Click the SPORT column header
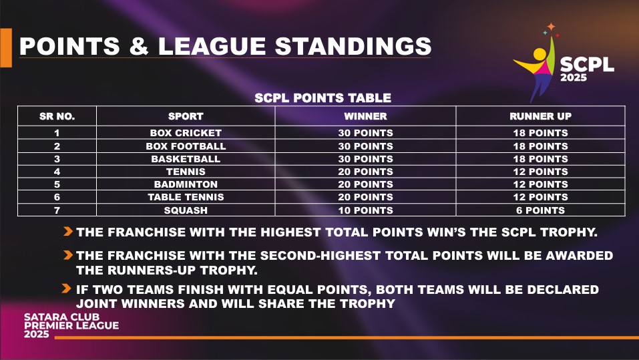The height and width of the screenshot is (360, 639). [x=186, y=116]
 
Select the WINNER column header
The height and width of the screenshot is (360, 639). [x=365, y=116]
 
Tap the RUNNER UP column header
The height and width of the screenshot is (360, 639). [x=540, y=116]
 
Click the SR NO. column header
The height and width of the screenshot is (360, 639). [x=57, y=116]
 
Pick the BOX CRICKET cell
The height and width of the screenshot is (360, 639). [x=186, y=133]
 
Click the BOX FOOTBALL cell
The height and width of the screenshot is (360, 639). [x=186, y=146]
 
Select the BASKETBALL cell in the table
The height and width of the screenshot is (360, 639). [x=186, y=158]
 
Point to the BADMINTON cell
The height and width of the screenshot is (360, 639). [x=186, y=184]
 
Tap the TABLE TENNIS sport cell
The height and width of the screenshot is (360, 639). [x=186, y=197]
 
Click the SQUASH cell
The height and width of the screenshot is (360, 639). [x=186, y=210]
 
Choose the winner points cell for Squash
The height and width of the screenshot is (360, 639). [x=365, y=210]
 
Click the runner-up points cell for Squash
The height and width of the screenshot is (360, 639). [x=540, y=210]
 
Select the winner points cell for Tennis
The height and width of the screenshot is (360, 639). [x=365, y=172]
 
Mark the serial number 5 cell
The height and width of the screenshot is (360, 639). [x=57, y=184]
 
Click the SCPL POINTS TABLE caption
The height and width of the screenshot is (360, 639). [x=323, y=98]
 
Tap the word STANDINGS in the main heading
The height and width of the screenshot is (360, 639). [x=353, y=45]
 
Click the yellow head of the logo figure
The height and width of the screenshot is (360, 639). [x=540, y=54]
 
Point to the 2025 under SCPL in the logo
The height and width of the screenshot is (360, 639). [x=574, y=77]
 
